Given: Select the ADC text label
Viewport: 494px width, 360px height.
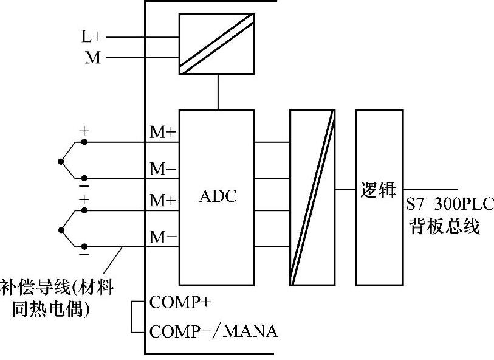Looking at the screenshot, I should point(218,196).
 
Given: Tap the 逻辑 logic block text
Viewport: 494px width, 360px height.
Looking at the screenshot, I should point(378,190).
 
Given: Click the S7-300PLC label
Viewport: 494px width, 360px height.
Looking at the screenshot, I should point(450,205).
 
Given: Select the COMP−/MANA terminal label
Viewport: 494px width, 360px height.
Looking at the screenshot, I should point(213,331).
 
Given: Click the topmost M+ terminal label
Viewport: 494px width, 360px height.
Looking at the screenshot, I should point(163,133).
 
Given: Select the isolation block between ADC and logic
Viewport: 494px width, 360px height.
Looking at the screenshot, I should point(312,198).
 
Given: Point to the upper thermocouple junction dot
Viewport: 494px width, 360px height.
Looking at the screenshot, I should point(60,161).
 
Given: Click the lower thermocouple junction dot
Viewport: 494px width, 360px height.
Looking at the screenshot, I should point(60,229).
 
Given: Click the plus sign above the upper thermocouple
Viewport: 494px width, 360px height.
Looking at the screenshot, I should point(84,131).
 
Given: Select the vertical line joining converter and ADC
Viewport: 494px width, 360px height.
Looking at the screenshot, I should point(217,92).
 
